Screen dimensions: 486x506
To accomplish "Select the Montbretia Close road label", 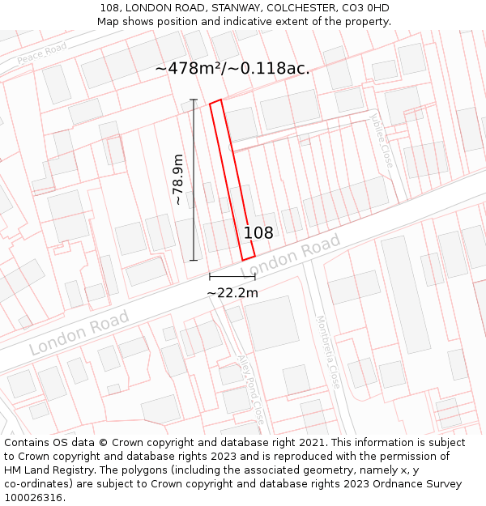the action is tap(327, 352).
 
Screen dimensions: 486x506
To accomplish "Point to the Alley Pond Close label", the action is tap(250, 390).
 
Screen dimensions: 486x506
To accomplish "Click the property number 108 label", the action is tap(258, 233).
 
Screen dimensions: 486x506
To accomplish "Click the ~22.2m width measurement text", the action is tap(232, 293).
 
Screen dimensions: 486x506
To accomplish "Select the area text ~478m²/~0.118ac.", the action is tap(232, 69).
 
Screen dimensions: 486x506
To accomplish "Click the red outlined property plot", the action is tap(232, 180).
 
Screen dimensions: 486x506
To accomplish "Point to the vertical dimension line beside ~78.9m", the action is tap(194, 180).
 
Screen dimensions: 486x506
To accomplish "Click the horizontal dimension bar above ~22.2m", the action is tap(232, 277).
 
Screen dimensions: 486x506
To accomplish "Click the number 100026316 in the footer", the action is tap(32, 498).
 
